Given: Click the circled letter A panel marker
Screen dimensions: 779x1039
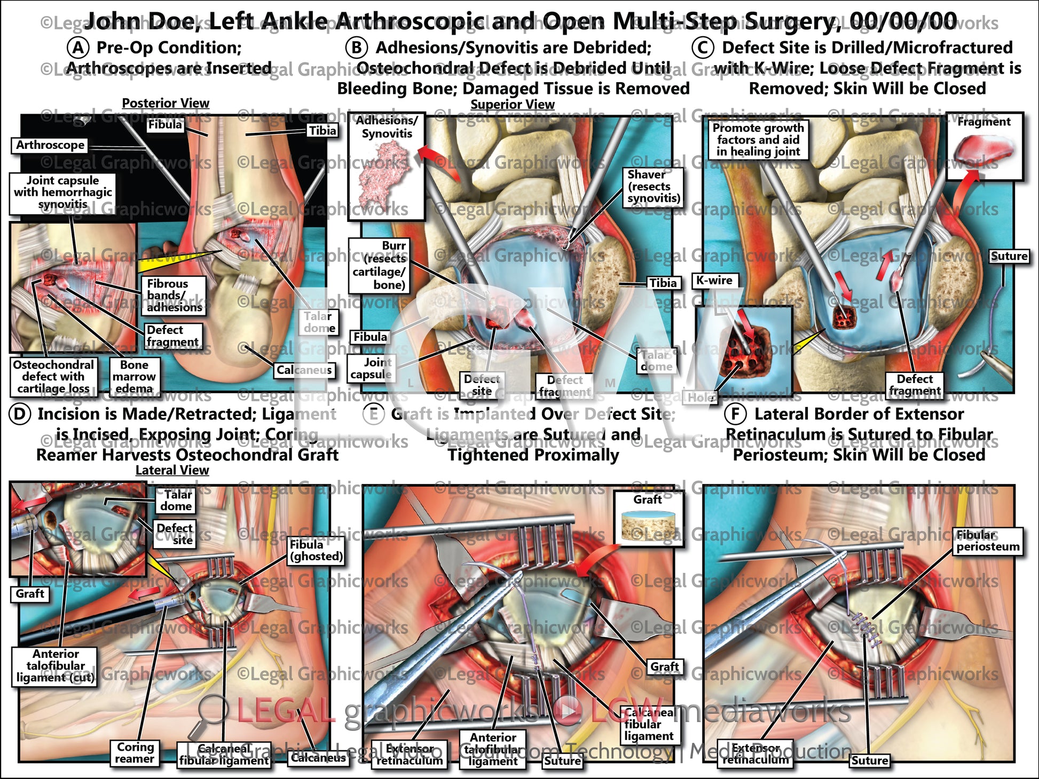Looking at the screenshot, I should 78,47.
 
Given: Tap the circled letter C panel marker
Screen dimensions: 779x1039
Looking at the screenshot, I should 703,47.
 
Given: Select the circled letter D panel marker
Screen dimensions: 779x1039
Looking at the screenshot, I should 19,414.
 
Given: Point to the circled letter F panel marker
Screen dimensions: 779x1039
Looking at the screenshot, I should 735,414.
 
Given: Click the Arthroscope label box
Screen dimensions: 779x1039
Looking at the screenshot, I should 50,145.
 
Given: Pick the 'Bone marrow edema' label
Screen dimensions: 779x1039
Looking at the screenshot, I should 134,377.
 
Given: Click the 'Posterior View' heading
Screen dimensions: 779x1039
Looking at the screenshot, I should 166,103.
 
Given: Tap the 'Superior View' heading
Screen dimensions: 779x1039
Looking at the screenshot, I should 512,105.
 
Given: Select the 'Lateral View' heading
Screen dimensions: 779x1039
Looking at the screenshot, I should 172,470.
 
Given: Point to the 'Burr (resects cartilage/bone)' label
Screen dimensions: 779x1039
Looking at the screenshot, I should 379,265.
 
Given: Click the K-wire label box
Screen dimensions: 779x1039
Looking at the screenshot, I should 714,281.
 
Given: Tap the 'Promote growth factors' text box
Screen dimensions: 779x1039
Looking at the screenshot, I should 758,140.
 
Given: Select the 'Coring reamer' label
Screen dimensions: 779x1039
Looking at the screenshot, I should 135,753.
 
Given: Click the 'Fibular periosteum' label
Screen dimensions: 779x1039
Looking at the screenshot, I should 988,541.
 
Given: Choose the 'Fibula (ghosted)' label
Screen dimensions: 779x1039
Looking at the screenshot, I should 316,550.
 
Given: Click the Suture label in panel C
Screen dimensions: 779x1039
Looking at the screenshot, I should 1009,256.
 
